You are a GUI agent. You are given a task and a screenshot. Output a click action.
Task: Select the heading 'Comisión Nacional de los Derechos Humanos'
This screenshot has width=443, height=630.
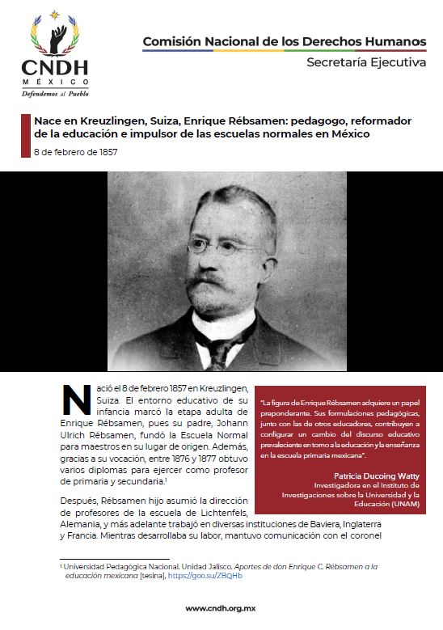pos(284,41)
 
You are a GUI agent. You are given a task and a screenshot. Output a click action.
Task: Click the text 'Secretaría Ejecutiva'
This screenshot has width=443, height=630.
pos(366,63)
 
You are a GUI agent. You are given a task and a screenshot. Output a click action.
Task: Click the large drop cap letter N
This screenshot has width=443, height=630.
pos(76,402)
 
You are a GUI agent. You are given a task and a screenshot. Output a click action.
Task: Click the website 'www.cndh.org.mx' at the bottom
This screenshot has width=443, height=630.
pos(221,608)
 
